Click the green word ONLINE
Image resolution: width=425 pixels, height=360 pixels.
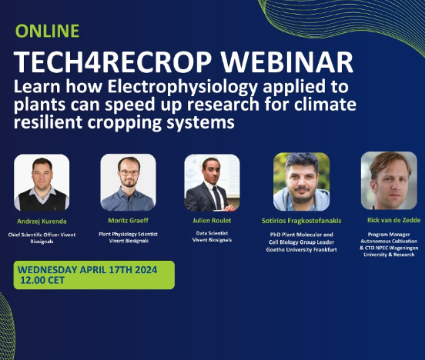click(48, 31)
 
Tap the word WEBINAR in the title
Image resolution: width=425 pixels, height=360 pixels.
click(287, 62)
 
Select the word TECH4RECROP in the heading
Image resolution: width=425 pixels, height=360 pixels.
click(112, 62)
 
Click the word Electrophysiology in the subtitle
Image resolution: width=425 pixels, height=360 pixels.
click(182, 88)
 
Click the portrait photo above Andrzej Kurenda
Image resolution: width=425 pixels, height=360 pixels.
click(42, 182)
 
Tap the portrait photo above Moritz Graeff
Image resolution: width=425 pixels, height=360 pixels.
click(129, 182)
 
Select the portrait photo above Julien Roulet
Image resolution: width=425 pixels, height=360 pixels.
click(212, 182)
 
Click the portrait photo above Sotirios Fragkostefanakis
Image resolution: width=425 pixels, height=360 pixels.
click(301, 182)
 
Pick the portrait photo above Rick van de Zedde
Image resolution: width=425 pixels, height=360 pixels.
click(389, 181)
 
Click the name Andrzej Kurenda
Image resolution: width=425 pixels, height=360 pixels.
click(42, 222)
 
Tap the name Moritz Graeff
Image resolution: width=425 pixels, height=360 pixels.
click(129, 221)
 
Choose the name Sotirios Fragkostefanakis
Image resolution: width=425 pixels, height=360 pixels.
click(301, 221)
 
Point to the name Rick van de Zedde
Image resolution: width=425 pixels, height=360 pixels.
click(394, 220)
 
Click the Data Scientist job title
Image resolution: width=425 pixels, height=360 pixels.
click(212, 233)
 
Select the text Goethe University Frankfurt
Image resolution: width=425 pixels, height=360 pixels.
click(301, 249)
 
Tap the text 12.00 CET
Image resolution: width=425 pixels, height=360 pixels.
click(42, 280)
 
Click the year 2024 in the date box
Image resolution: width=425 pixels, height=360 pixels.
click(146, 270)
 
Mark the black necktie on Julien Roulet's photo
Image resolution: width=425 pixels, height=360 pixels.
click(217, 198)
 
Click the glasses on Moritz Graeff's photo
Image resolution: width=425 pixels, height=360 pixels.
click(129, 172)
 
